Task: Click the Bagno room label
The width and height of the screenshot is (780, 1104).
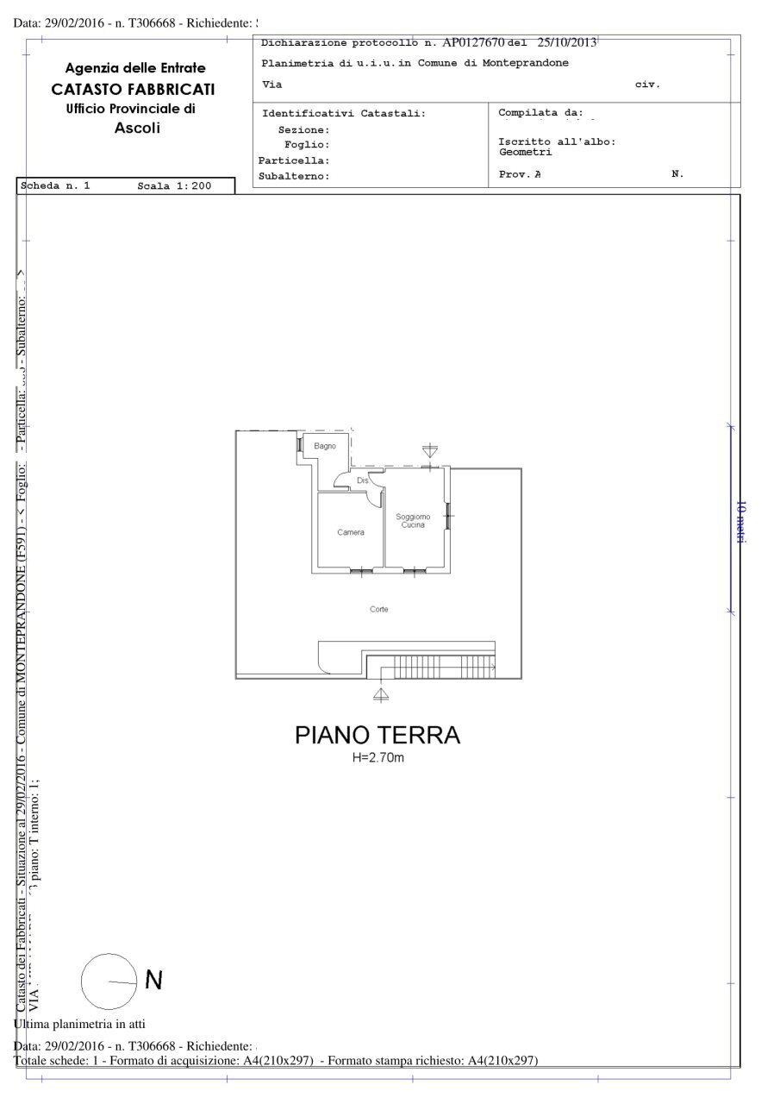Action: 325,446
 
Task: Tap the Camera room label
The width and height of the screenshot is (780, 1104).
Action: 351,532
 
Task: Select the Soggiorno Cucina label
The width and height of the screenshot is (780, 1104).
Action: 413,520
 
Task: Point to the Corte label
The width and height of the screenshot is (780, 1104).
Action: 379,609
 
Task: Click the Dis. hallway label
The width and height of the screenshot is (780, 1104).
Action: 362,480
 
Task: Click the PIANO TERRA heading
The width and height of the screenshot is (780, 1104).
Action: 378,736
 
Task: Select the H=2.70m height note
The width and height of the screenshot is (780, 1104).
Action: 378,758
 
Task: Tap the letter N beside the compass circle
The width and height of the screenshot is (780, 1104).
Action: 153,980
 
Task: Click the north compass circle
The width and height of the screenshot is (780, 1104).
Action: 109,982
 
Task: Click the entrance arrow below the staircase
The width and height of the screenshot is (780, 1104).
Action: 380,693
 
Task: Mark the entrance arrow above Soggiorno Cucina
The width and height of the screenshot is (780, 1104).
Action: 430,450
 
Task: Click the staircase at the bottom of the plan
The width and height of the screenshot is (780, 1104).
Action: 440,666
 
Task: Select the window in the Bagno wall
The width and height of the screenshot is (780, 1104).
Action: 299,445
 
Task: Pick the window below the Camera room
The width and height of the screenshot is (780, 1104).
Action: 361,570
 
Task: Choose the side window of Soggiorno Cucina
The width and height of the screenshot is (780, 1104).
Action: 448,516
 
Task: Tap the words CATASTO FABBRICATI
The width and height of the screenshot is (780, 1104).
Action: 134,89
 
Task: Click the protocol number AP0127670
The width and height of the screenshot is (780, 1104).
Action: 473,42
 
